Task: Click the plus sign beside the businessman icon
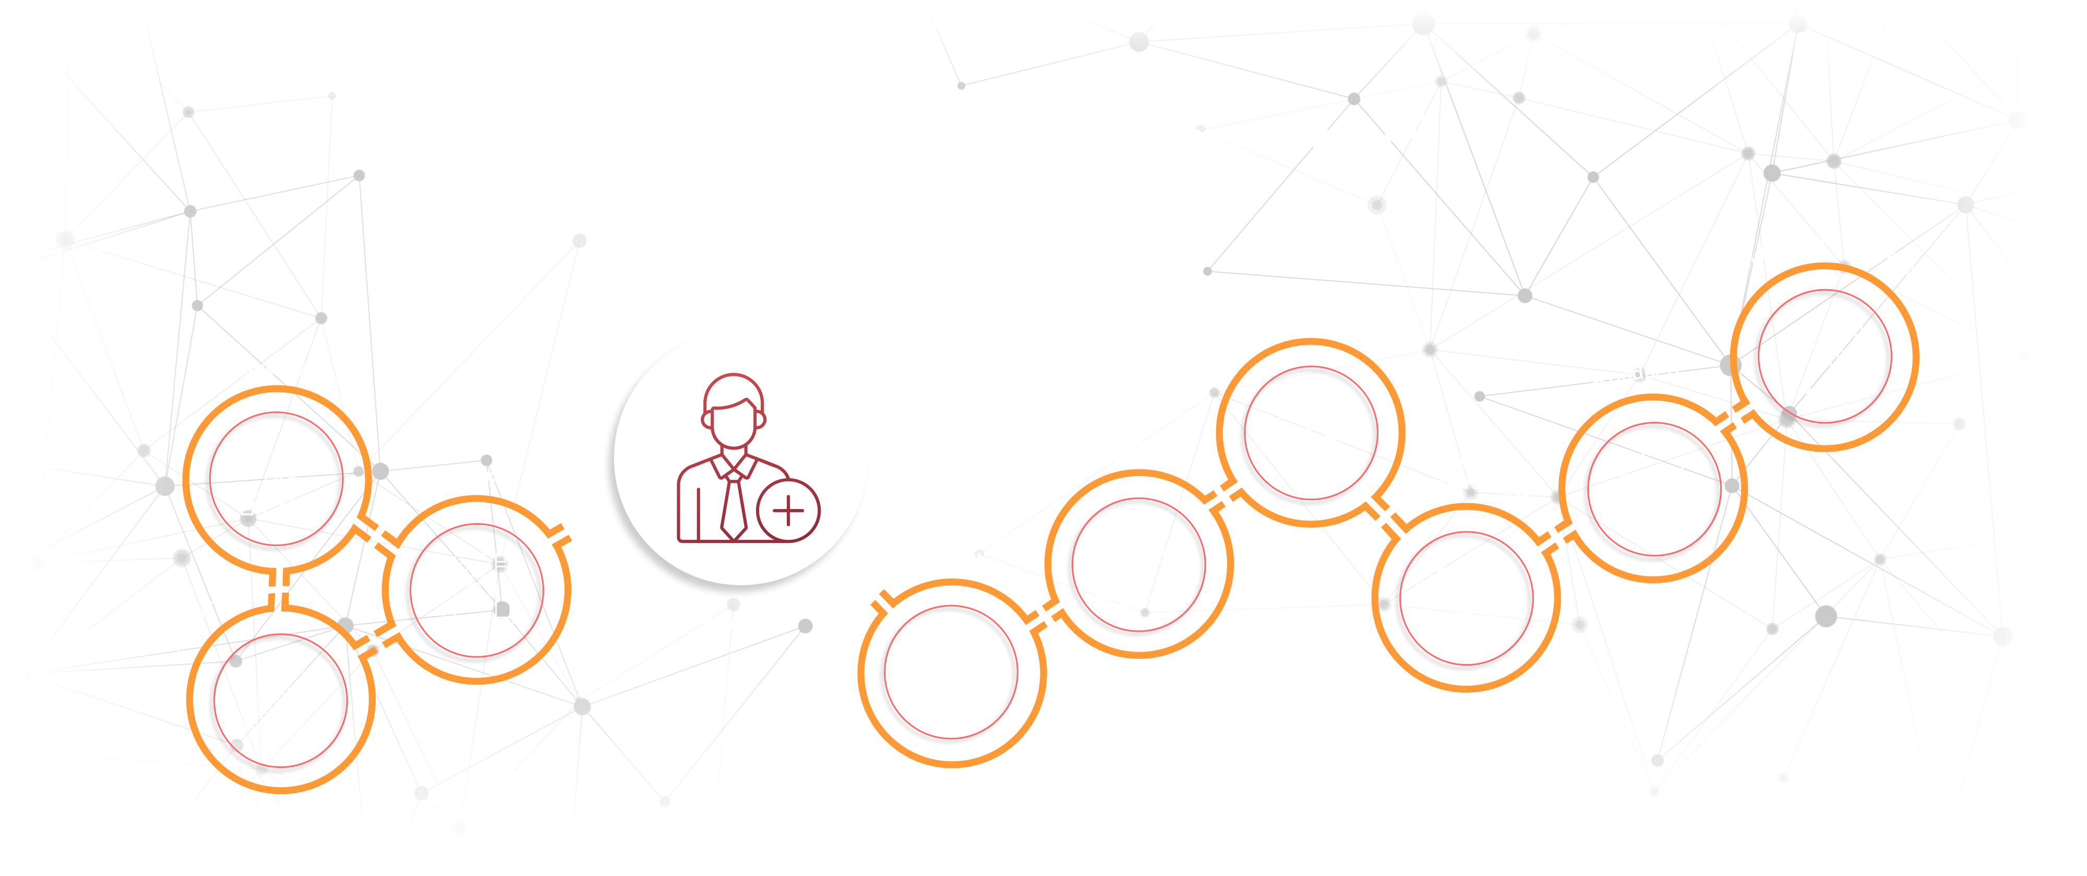click(x=787, y=511)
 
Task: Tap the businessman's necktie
click(x=733, y=506)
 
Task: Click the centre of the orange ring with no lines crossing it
click(x=950, y=672)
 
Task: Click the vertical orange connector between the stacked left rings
click(x=278, y=589)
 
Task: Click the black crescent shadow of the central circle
click(x=640, y=535)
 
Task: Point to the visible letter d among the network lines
click(x=1638, y=374)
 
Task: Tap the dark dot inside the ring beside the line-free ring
click(x=1144, y=613)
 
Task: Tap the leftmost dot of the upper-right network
click(x=961, y=85)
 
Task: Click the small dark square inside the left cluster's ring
click(x=502, y=608)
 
